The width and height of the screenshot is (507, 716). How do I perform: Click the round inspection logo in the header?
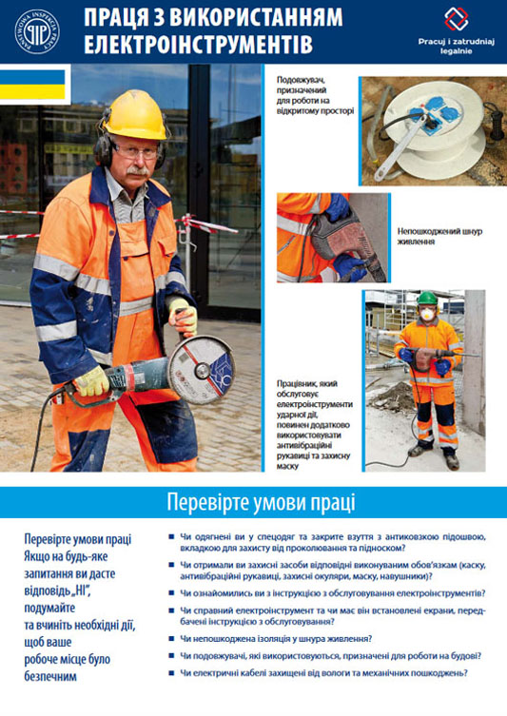pos(36,30)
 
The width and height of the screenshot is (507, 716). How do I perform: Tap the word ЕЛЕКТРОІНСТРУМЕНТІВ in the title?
pos(196,44)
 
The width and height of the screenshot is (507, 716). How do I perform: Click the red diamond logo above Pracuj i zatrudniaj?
pos(457,19)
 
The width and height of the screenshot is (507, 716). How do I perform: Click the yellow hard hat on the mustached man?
pos(134,115)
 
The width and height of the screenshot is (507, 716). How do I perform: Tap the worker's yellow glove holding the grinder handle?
pos(92,381)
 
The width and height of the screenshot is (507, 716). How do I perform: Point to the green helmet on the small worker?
pos(427,298)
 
